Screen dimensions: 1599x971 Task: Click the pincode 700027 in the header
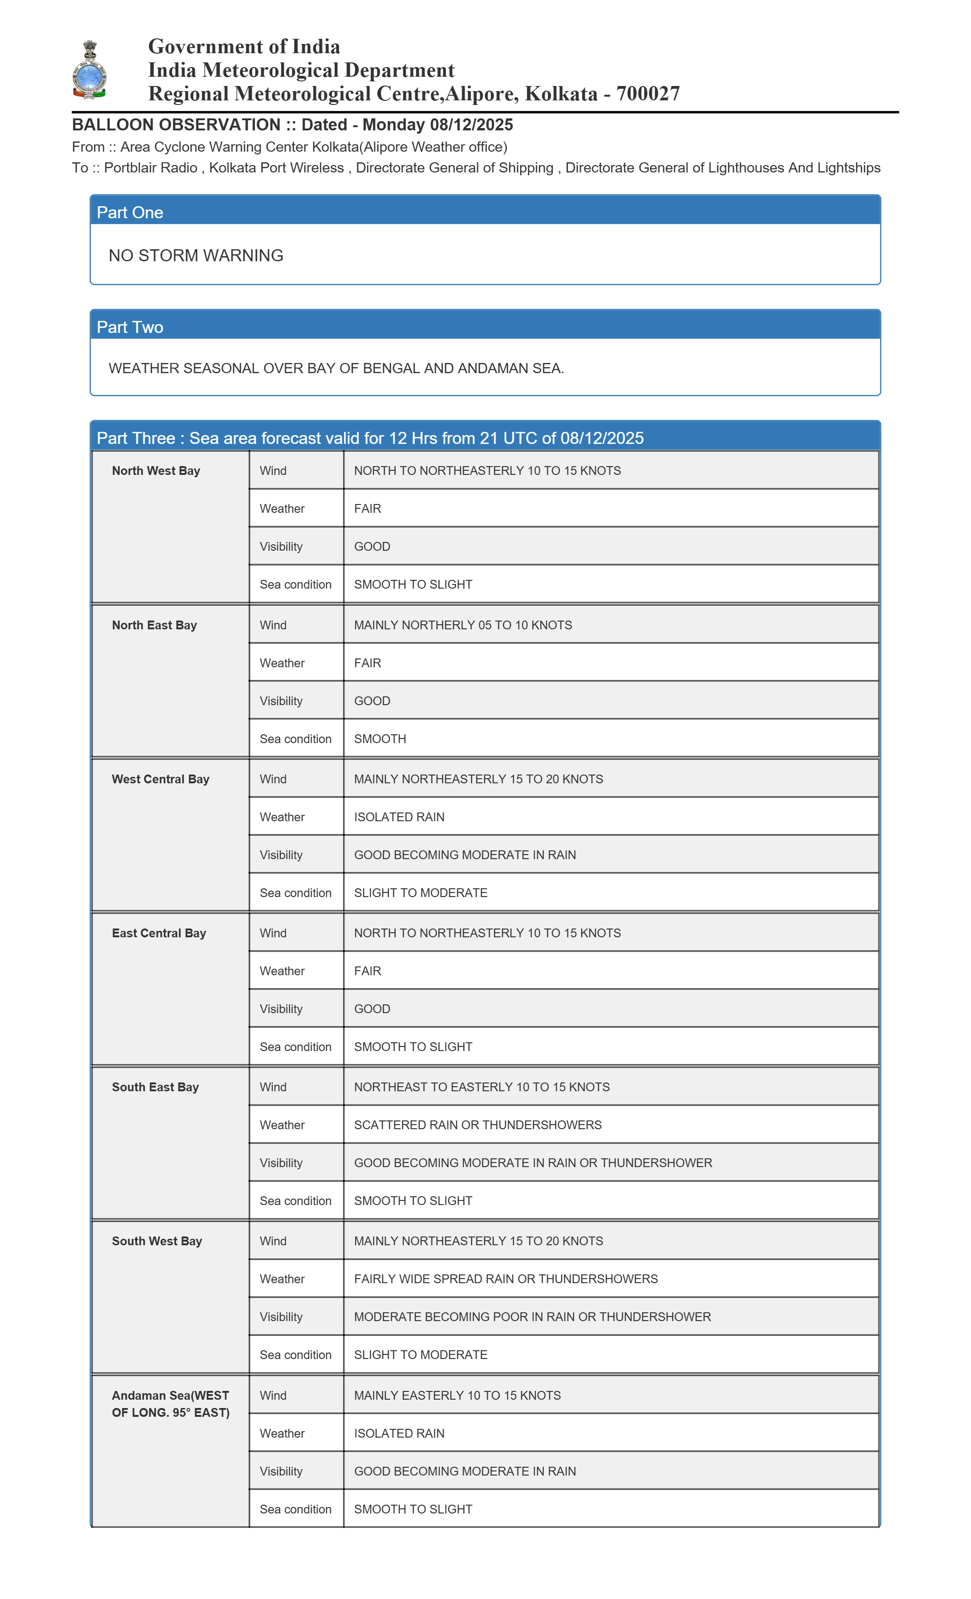pos(648,94)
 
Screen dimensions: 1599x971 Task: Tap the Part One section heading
pos(130,212)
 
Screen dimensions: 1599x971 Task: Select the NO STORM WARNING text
pos(196,256)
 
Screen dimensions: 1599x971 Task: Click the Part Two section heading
pos(130,327)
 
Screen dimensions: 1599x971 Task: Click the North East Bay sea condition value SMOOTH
pos(380,738)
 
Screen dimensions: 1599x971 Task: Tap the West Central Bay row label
pos(160,779)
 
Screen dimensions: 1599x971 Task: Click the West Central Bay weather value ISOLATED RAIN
pos(399,817)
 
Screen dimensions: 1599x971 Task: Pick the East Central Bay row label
pos(159,933)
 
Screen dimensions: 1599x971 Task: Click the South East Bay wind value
pos(482,1087)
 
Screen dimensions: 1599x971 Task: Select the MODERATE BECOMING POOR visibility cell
pos(532,1317)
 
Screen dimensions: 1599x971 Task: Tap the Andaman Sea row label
pos(170,1404)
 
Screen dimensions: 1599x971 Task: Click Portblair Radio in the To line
pos(151,168)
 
